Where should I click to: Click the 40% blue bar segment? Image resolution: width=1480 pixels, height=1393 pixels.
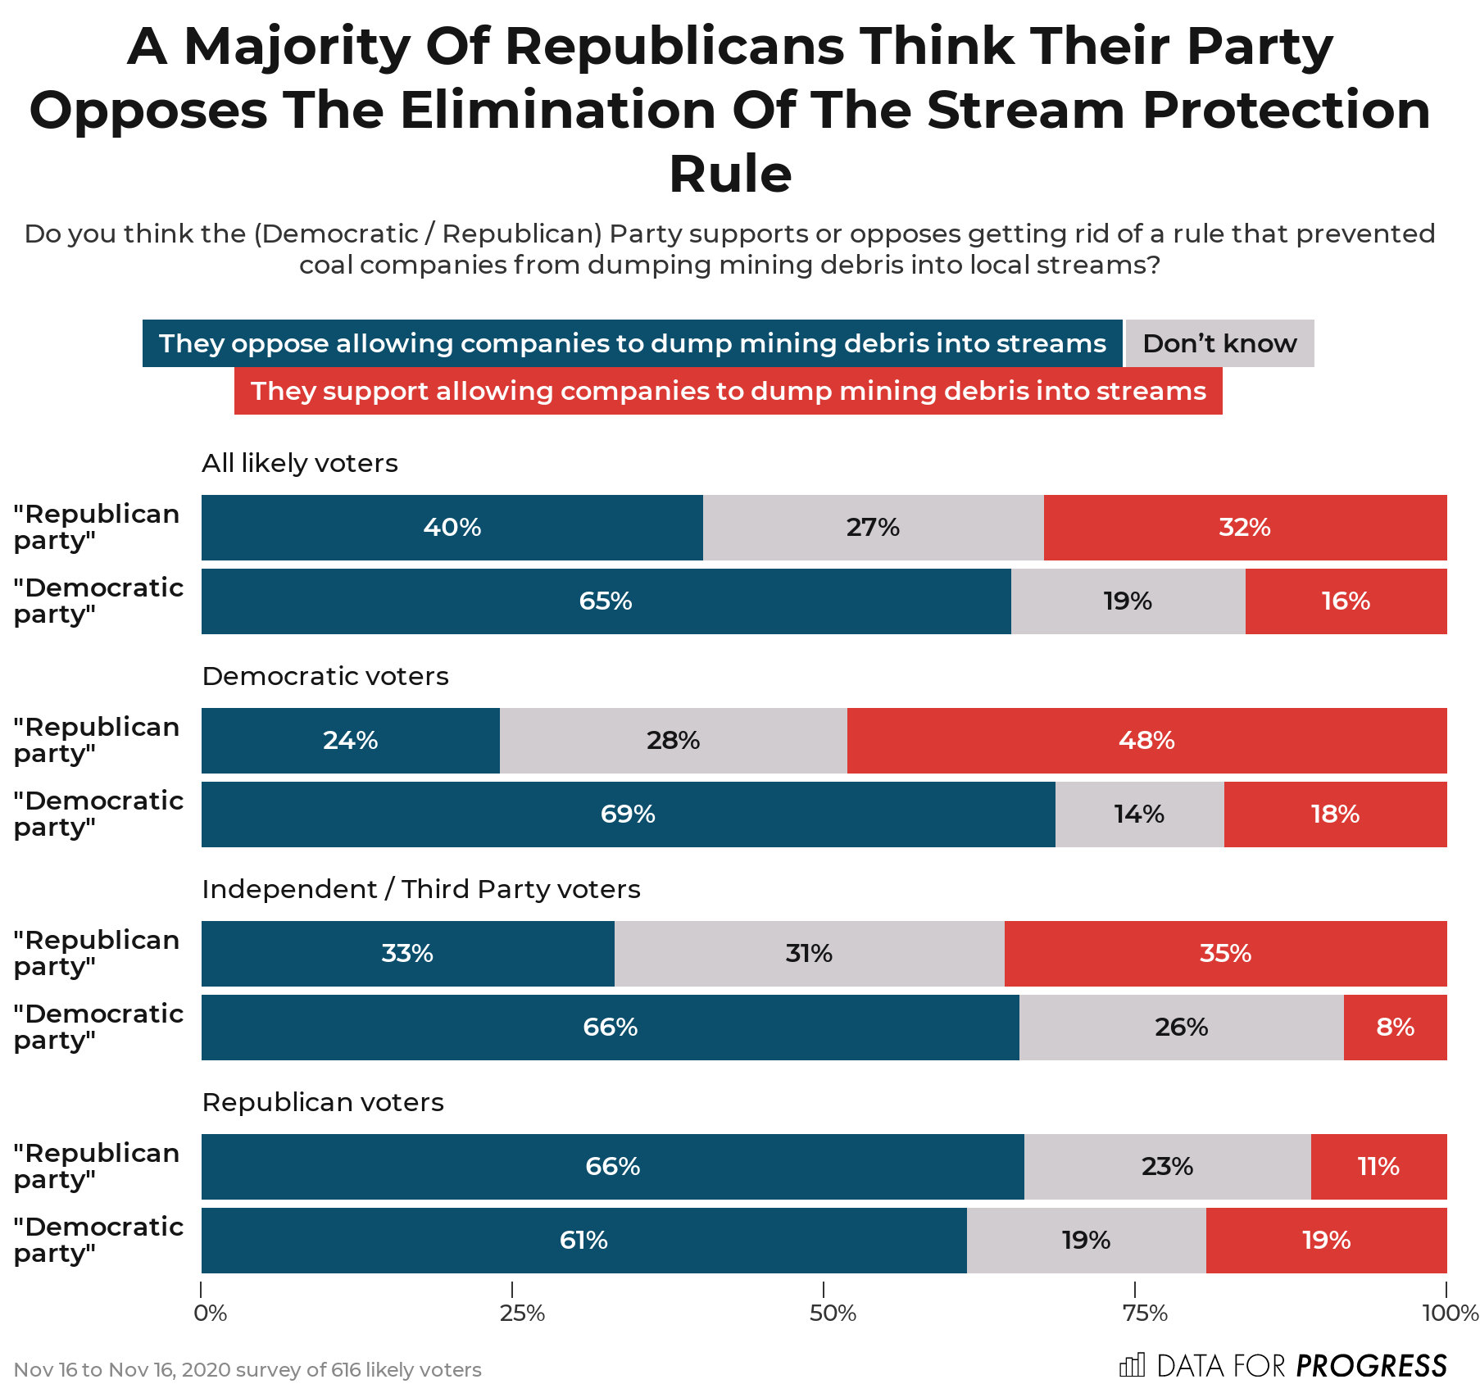click(452, 528)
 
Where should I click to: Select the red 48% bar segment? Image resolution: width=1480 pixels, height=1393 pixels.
click(1146, 741)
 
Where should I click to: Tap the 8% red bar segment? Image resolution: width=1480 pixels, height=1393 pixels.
click(1395, 1028)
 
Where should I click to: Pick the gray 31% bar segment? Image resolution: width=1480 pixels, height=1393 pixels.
click(809, 954)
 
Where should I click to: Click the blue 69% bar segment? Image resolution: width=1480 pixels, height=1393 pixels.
click(628, 814)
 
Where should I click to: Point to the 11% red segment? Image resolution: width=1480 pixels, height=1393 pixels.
click(1378, 1167)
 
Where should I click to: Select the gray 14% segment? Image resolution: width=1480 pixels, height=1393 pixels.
click(1139, 814)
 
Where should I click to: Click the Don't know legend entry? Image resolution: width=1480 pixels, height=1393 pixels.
click(1219, 343)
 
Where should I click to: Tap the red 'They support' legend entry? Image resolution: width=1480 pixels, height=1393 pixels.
click(728, 391)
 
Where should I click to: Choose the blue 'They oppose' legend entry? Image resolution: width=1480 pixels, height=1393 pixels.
click(632, 343)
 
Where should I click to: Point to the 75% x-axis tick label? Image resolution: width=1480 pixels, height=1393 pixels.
click(1144, 1314)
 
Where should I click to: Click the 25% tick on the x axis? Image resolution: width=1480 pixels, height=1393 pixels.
click(521, 1314)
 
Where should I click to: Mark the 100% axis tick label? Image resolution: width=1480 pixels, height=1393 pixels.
click(1449, 1314)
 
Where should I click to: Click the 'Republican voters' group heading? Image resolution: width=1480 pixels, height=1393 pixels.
click(323, 1102)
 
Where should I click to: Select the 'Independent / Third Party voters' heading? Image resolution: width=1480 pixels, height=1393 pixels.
click(420, 889)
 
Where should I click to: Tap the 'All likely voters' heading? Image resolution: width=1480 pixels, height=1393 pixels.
click(299, 463)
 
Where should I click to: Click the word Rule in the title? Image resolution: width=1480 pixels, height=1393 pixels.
click(730, 175)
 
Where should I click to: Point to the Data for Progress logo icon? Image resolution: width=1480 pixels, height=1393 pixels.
click(1132, 1365)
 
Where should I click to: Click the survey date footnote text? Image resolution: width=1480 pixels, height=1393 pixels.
click(247, 1370)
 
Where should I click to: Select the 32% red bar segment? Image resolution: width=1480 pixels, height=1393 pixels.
click(1244, 528)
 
